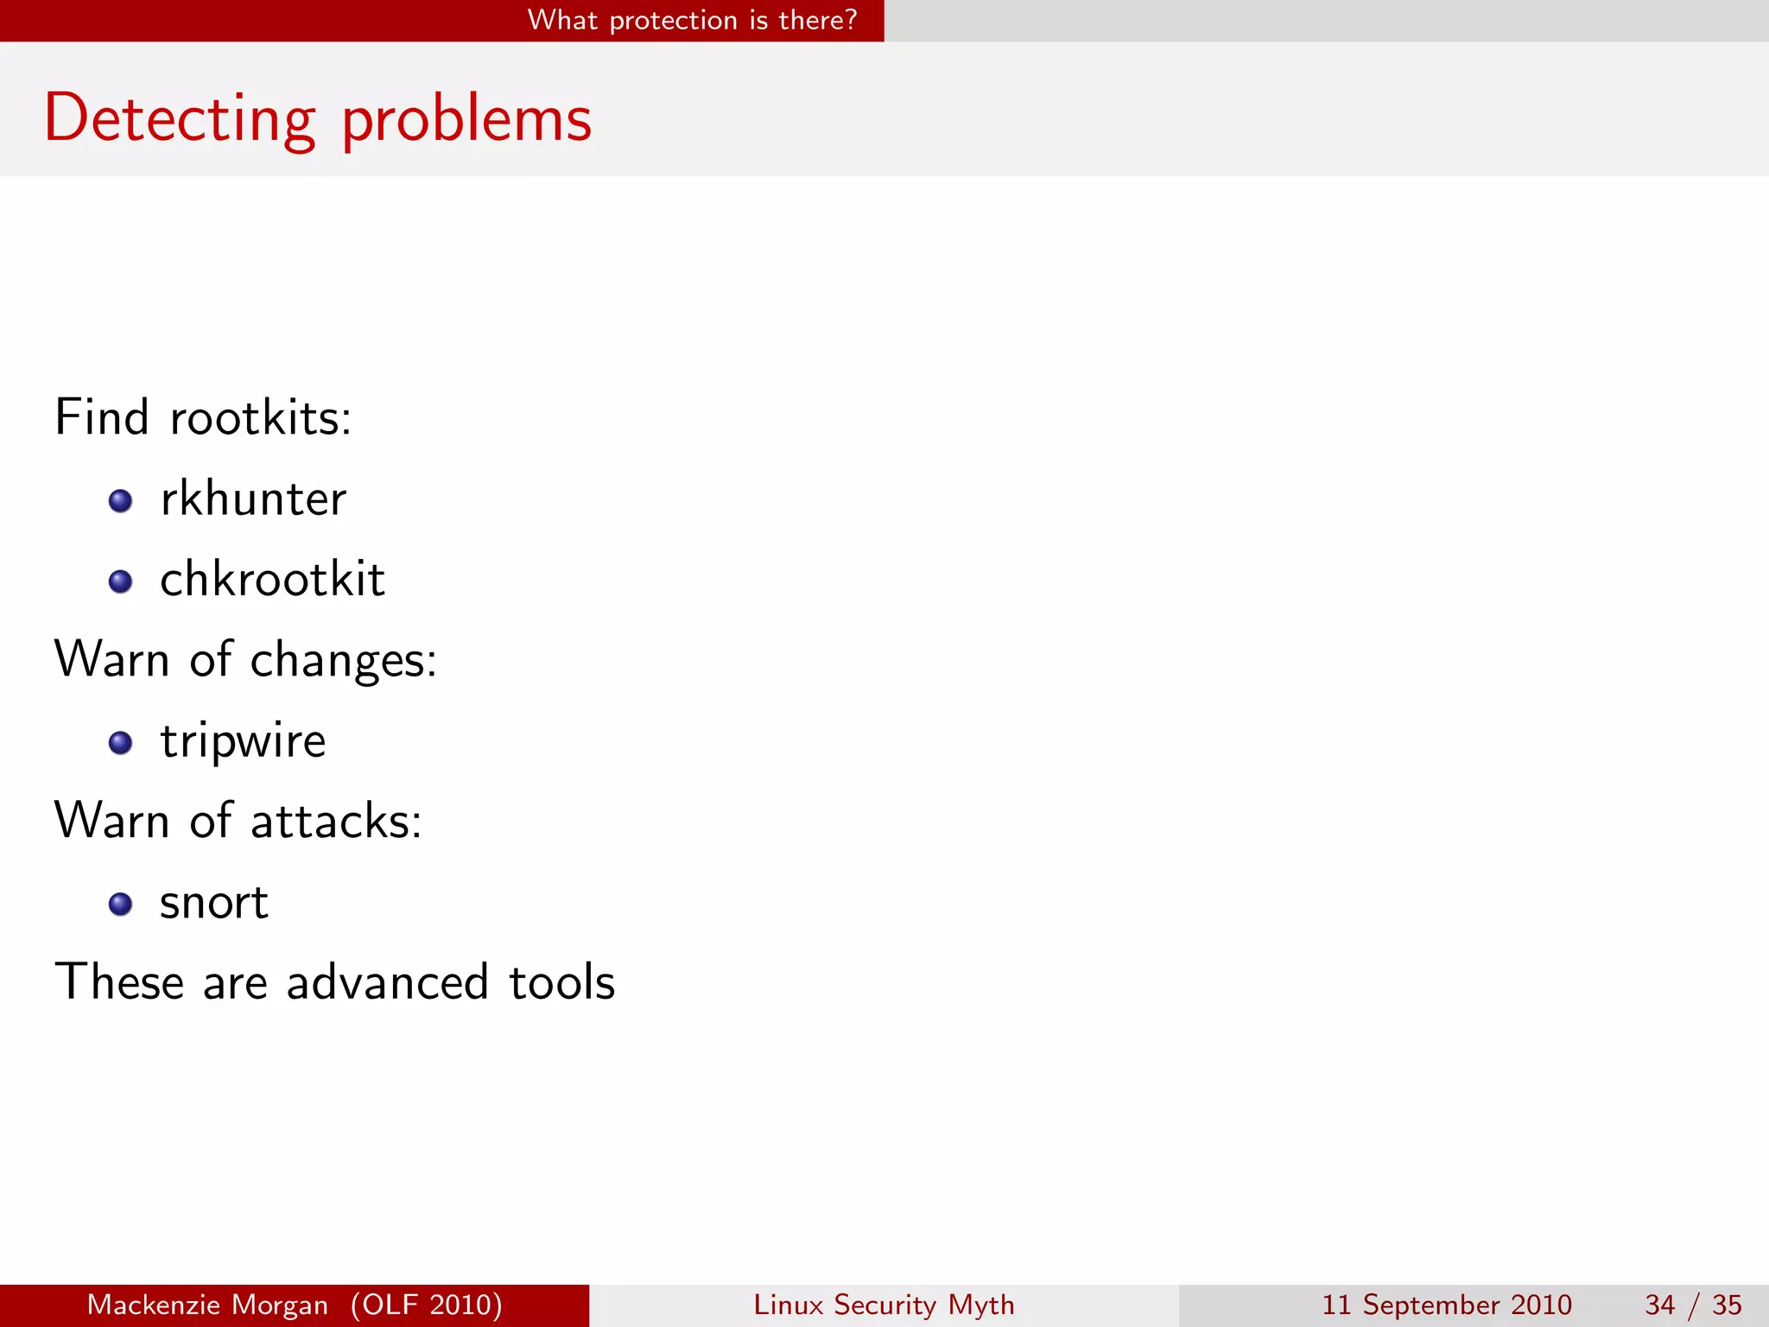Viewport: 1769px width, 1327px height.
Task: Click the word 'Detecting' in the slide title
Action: click(180, 118)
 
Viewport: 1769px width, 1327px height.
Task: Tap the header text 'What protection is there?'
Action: click(692, 20)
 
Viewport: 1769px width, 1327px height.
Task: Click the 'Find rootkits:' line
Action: click(203, 417)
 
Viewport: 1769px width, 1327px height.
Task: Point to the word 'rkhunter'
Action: click(253, 498)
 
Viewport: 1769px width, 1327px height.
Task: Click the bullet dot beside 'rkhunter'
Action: click(121, 501)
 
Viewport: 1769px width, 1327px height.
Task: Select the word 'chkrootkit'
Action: click(272, 579)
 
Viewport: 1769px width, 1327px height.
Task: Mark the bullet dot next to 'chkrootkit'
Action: click(121, 581)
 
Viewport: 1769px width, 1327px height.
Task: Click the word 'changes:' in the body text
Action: click(343, 661)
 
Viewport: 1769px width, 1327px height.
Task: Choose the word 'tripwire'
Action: click(243, 741)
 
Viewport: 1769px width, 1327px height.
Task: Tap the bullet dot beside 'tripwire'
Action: click(121, 743)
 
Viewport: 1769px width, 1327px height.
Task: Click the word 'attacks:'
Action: click(336, 821)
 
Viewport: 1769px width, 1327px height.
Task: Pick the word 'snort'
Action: click(214, 903)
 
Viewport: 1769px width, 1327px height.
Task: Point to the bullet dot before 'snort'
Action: click(121, 905)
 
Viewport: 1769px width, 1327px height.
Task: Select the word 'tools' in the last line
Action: click(561, 982)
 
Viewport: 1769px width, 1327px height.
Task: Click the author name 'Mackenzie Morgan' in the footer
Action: click(207, 1305)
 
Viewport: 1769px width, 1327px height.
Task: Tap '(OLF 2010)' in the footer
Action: click(427, 1305)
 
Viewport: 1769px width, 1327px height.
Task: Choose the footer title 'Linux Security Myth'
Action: click(884, 1305)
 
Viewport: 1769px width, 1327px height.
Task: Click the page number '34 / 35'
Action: click(1693, 1305)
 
